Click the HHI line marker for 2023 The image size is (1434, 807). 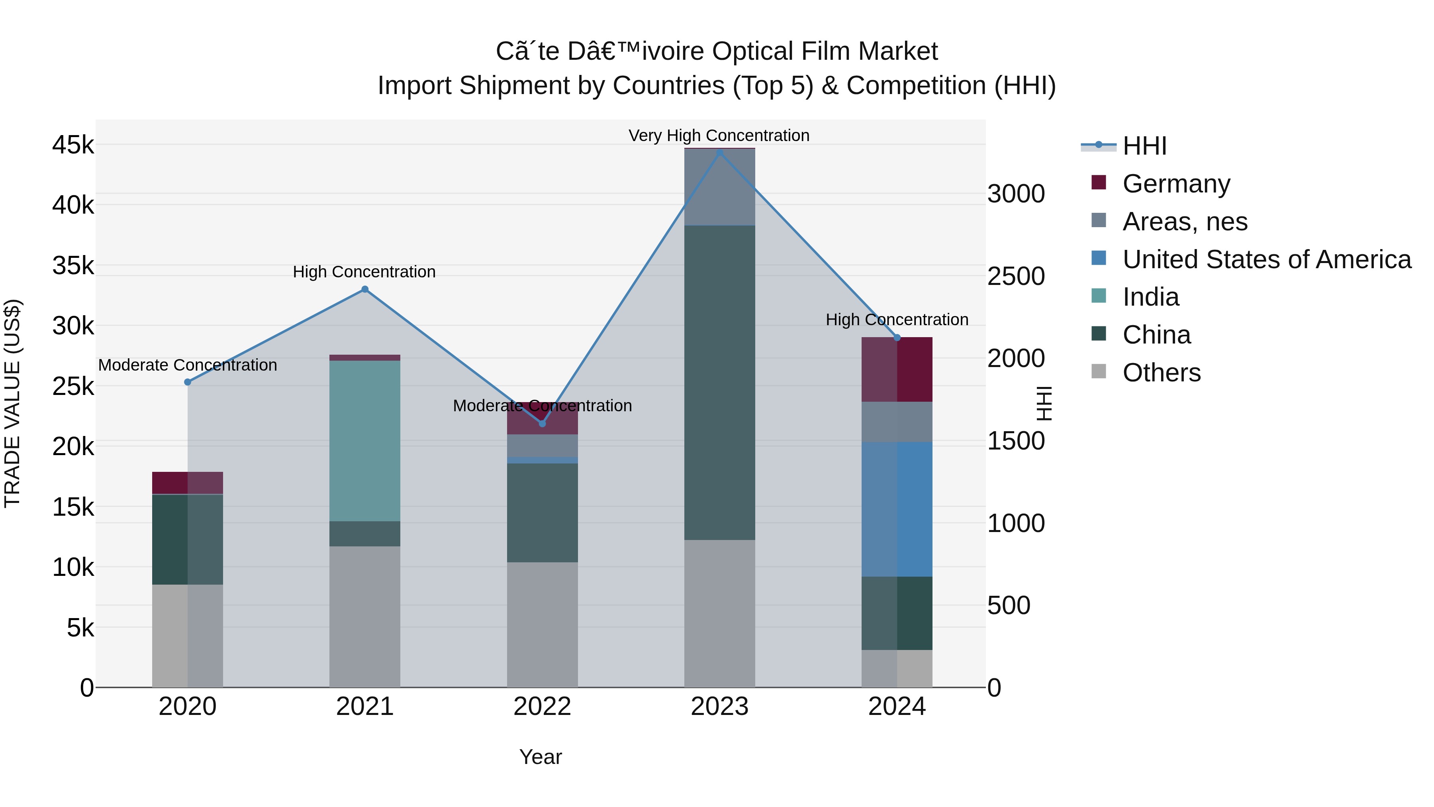[x=719, y=152]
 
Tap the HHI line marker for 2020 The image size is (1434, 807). [x=188, y=382]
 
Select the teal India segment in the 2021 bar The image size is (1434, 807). [x=364, y=440]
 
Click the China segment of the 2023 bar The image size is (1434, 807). [x=719, y=382]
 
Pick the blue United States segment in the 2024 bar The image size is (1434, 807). [x=897, y=509]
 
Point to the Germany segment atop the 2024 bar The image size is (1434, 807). [x=897, y=369]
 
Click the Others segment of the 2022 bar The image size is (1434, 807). [x=542, y=624]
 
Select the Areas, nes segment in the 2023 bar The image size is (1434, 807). [x=719, y=187]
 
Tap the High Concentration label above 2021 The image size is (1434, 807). [x=364, y=272]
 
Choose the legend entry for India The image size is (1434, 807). [x=1151, y=297]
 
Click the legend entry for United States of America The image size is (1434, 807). [x=1266, y=259]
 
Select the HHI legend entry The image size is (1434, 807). [x=1144, y=146]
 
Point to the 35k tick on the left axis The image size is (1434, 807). [x=73, y=266]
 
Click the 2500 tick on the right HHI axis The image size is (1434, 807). [x=1016, y=276]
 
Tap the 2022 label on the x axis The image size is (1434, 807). [x=542, y=707]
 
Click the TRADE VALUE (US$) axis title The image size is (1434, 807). [x=12, y=403]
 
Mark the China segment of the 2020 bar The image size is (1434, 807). [x=188, y=539]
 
